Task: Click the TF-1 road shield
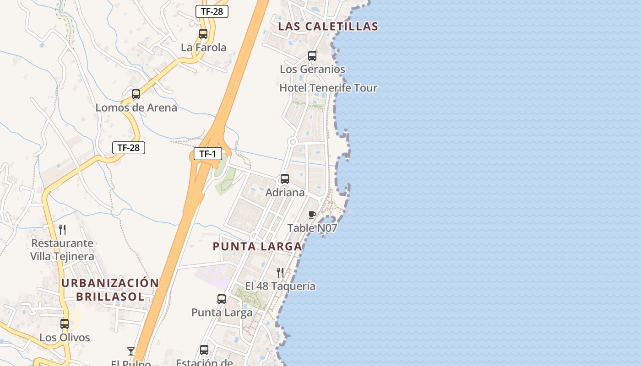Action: pos(208,154)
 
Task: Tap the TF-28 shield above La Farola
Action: pos(212,11)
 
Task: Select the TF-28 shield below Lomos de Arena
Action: pos(129,147)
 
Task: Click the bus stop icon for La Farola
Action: pos(203,34)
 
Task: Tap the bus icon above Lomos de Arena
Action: pos(136,94)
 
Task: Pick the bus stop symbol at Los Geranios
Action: pos(312,56)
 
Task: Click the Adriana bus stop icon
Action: pos(285,179)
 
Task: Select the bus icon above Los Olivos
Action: pos(65,324)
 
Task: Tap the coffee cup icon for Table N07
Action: pos(312,215)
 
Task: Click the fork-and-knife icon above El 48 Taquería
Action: pos(280,273)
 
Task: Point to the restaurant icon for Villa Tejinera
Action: pos(62,230)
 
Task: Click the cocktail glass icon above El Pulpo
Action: pos(131,351)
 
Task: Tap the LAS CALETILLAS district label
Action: pos(328,27)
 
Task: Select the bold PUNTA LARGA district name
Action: pos(257,247)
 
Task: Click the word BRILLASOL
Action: pos(110,296)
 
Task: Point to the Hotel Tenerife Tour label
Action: pos(328,88)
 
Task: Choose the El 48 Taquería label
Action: pos(280,286)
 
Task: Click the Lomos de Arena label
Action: pos(136,108)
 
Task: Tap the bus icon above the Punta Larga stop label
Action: pos(222,299)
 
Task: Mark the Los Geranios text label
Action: pos(312,70)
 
